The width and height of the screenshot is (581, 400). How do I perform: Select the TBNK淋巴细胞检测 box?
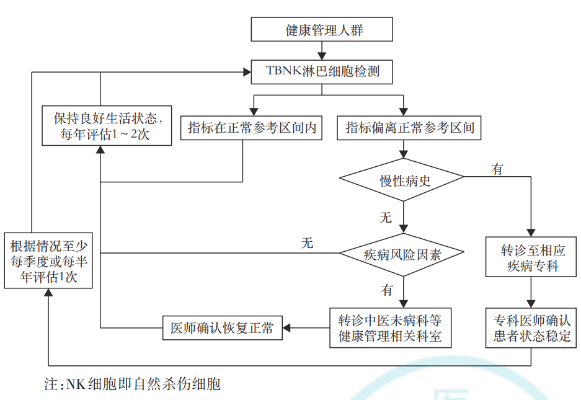point(321,71)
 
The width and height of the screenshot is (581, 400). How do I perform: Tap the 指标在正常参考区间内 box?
point(252,128)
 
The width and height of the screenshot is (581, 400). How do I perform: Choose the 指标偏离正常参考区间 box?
point(410,128)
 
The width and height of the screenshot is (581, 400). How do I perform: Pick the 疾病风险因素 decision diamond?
point(402,254)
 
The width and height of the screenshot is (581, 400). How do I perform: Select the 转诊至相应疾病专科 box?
point(532,257)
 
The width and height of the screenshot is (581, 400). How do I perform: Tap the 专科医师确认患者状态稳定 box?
point(532,328)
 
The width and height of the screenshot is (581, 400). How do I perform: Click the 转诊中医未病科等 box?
point(390,328)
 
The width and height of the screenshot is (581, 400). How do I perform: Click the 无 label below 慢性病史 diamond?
point(386,217)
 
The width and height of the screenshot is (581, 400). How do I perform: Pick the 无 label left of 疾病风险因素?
point(307,243)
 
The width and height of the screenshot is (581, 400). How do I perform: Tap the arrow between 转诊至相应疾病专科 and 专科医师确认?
point(532,291)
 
